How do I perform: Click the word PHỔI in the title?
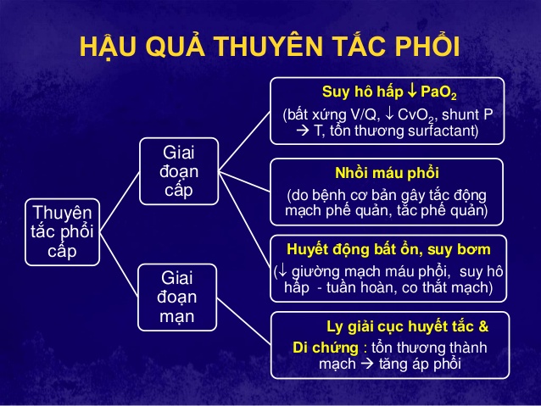point(427,45)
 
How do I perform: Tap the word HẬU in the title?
point(108,47)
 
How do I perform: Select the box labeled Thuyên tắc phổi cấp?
point(63,232)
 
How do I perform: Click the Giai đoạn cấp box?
point(179,171)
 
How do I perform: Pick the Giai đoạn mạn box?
point(177,298)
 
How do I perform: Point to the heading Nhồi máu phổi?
point(388,173)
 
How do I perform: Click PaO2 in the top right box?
point(438,92)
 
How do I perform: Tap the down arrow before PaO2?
point(411,91)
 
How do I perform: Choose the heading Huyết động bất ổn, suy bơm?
point(388,249)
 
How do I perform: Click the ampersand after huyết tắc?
point(483,326)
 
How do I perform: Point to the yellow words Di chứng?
point(326,348)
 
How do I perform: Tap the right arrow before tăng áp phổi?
point(366,364)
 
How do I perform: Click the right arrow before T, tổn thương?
point(303,131)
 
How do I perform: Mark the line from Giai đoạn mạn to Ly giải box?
point(244,321)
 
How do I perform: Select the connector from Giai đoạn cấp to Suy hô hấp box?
point(244,141)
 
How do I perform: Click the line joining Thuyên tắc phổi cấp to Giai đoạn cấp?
point(120,202)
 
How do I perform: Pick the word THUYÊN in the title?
point(268,47)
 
